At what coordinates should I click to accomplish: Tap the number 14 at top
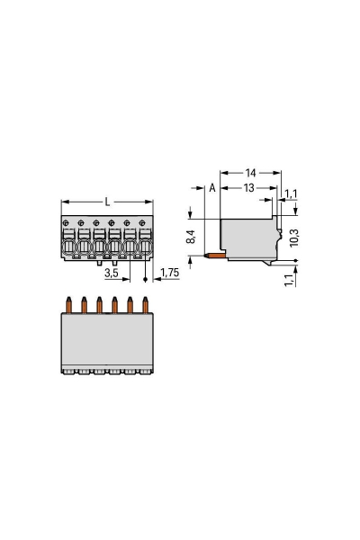tap(251, 171)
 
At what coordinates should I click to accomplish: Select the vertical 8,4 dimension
tap(189, 237)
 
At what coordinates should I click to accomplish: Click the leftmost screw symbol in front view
tap(67, 222)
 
